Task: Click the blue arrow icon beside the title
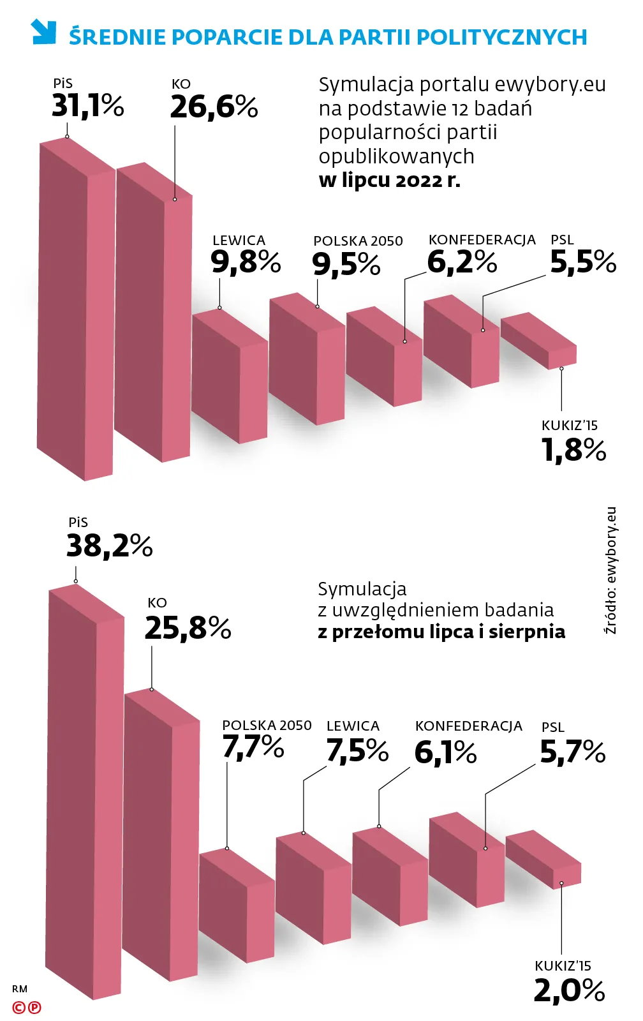(43, 32)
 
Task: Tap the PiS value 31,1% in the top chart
(87, 106)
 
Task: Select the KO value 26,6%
(214, 107)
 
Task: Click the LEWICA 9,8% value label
(246, 262)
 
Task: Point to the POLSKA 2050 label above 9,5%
(358, 241)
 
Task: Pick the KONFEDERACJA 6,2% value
(462, 262)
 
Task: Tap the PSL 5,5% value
(582, 262)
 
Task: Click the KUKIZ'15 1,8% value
(573, 450)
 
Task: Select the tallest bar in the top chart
(75, 313)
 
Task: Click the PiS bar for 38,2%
(84, 791)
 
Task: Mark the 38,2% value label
(109, 546)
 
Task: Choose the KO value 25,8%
(188, 629)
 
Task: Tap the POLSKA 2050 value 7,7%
(253, 747)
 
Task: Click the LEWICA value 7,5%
(357, 750)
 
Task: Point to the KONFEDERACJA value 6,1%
(445, 752)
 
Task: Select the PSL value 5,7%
(572, 752)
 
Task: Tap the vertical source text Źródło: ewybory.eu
(610, 570)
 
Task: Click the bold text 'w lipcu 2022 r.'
(389, 180)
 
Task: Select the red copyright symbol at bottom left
(19, 1008)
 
